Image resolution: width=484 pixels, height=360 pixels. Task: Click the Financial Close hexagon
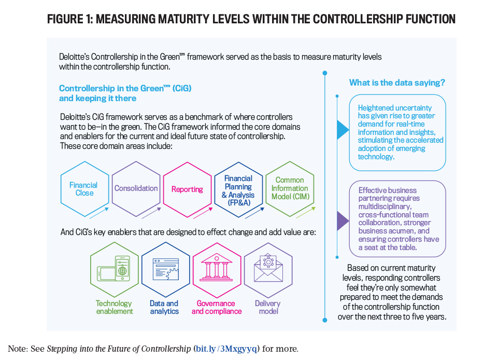(85, 189)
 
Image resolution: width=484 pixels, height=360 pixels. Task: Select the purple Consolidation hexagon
(136, 189)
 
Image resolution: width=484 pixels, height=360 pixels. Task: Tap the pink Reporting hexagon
(188, 189)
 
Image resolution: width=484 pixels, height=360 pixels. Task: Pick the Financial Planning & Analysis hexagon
(238, 189)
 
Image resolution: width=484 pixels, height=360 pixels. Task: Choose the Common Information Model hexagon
(290, 189)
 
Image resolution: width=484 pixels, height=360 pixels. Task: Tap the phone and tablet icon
(113, 268)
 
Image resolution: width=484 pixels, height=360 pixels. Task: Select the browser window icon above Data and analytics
(166, 269)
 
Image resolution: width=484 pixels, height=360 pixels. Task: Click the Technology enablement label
(114, 307)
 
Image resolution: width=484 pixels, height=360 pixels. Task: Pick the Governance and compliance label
(217, 307)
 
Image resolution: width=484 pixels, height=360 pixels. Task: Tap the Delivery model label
(268, 307)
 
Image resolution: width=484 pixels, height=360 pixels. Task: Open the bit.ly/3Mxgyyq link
(226, 349)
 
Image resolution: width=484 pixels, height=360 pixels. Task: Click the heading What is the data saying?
(397, 82)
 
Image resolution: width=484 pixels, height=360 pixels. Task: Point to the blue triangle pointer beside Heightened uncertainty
(343, 130)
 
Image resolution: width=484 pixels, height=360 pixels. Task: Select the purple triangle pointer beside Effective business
(343, 220)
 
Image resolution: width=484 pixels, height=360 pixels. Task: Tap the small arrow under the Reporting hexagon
(203, 213)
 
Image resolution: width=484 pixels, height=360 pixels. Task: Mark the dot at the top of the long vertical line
(325, 73)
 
